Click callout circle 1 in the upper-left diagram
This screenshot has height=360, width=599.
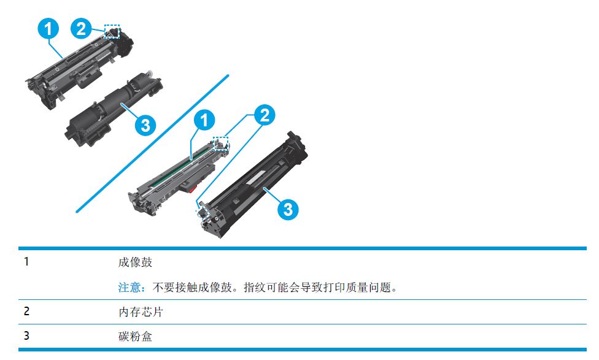pyautogui.click(x=48, y=29)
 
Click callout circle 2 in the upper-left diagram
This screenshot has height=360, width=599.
pyautogui.click(x=82, y=29)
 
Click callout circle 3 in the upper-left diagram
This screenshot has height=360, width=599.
pyautogui.click(x=145, y=125)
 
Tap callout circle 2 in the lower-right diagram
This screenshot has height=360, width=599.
pyautogui.click(x=265, y=115)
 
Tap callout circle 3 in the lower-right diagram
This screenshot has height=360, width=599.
pyautogui.click(x=288, y=209)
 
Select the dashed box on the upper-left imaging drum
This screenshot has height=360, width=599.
pyautogui.click(x=112, y=32)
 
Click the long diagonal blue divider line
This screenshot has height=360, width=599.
pyautogui.click(x=152, y=143)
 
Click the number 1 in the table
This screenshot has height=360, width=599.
pyautogui.click(x=26, y=262)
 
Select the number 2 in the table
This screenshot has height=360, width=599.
pyautogui.click(x=26, y=312)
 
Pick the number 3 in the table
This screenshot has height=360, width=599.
pyautogui.click(x=26, y=336)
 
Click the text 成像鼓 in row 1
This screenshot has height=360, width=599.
pyautogui.click(x=135, y=262)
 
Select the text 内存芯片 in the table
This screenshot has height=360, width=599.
pyautogui.click(x=141, y=312)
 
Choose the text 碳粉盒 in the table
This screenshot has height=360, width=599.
pyautogui.click(x=135, y=336)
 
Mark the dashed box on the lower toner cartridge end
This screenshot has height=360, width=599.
pyautogui.click(x=202, y=211)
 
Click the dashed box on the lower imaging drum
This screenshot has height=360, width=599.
pyautogui.click(x=220, y=144)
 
